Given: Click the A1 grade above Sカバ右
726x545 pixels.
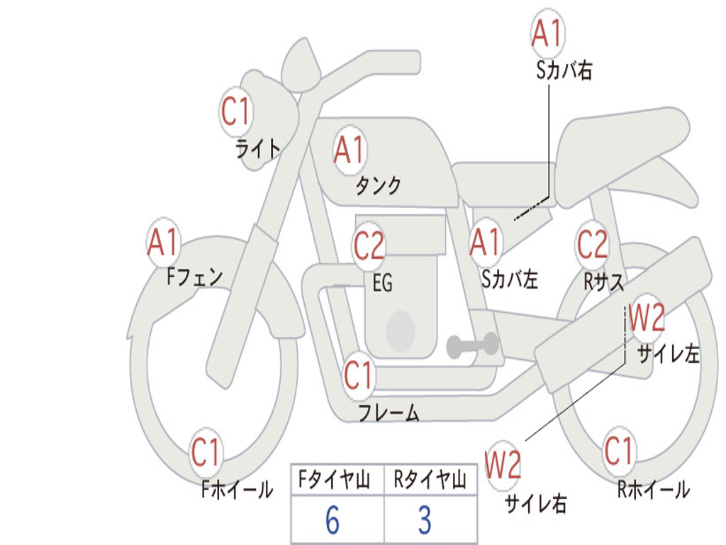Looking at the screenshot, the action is [547, 33].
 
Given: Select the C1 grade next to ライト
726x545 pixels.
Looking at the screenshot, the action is [236, 111].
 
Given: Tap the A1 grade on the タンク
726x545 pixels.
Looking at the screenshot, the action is [349, 150].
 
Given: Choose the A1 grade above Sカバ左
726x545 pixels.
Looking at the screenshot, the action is [486, 243].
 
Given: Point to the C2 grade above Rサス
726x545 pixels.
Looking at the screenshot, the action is [592, 244].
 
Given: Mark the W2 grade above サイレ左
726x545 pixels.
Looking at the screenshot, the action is [647, 318].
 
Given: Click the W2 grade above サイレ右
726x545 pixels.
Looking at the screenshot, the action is [503, 466].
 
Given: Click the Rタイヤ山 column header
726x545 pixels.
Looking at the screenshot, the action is [430, 481].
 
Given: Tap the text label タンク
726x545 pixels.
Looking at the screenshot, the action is [379, 186].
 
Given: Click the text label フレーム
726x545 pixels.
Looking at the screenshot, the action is [389, 412].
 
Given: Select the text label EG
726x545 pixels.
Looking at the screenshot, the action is [382, 284].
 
